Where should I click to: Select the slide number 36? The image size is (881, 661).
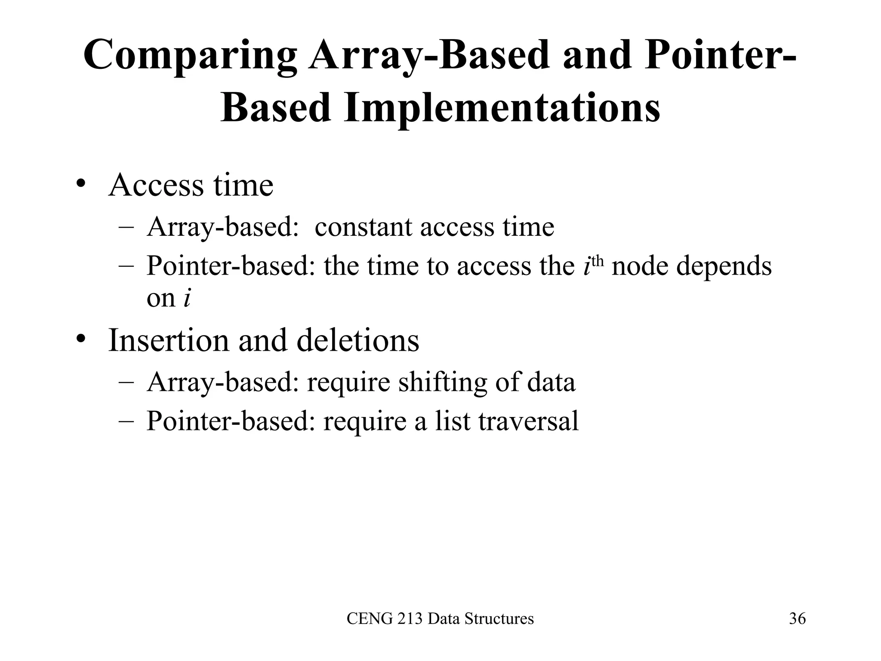coord(797,619)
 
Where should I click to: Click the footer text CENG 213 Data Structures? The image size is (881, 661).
coord(440,619)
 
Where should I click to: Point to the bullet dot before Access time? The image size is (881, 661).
coord(80,185)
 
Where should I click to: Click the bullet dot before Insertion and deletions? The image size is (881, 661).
coord(80,340)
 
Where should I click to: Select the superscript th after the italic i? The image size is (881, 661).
coord(598,261)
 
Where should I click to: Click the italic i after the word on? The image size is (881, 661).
coord(186,298)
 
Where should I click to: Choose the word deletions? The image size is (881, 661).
coord(358,340)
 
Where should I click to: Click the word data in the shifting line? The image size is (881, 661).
coord(551,382)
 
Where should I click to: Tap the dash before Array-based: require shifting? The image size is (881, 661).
coord(126,382)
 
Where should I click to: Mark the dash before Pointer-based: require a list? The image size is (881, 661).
coord(126,421)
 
